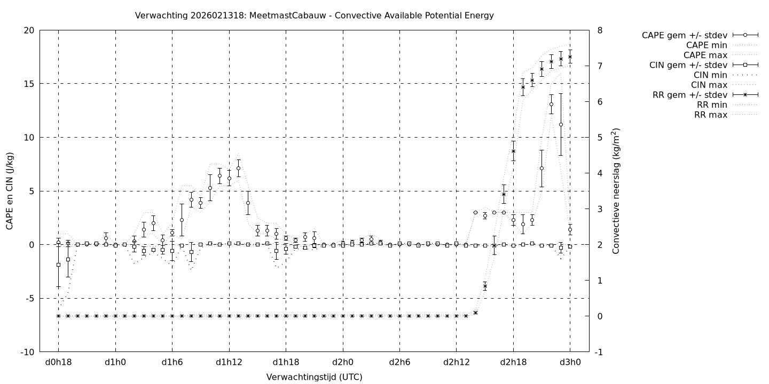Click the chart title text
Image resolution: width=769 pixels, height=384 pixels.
[x=315, y=15]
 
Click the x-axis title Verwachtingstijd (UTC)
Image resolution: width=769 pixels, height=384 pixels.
[x=315, y=377]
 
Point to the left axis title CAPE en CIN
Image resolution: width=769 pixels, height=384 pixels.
[x=10, y=191]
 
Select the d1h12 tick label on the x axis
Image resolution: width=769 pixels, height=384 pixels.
[x=229, y=362]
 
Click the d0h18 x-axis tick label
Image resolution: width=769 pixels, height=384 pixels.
[x=58, y=362]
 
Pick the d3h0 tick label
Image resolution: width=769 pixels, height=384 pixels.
[x=570, y=362]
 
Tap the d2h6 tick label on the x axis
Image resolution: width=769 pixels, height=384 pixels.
[x=399, y=362]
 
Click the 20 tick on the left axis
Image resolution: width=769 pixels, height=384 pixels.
[x=29, y=30]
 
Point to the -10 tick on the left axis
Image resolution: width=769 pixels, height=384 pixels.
[x=28, y=353]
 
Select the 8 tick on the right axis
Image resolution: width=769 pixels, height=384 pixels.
[x=600, y=30]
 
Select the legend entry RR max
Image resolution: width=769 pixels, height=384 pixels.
[x=710, y=115]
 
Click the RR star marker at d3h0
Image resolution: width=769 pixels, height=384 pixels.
[x=570, y=57]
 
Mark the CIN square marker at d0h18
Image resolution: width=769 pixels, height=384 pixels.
[x=58, y=265]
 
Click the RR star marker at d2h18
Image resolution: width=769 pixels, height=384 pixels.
[x=513, y=151]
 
